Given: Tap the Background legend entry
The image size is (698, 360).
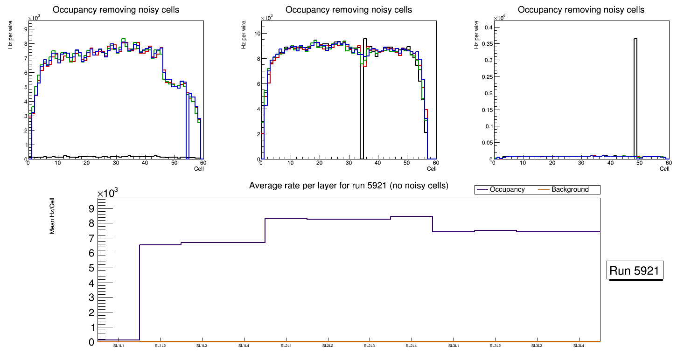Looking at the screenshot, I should point(570,190).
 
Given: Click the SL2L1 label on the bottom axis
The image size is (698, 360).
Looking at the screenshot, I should point(286,346).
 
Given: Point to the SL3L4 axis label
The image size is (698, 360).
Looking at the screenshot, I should point(579,346).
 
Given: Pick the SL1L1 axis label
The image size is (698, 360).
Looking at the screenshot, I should point(119,346).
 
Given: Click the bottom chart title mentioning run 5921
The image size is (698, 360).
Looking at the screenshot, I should point(349,186).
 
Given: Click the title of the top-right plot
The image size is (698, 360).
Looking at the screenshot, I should point(581,9).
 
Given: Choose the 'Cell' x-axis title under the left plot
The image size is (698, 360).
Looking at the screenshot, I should point(199,169).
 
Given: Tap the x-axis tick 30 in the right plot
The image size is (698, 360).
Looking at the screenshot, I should point(581,163).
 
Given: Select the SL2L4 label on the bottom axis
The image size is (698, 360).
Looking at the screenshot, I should point(411,346).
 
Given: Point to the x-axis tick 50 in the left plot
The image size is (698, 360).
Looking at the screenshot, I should point(174,163).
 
